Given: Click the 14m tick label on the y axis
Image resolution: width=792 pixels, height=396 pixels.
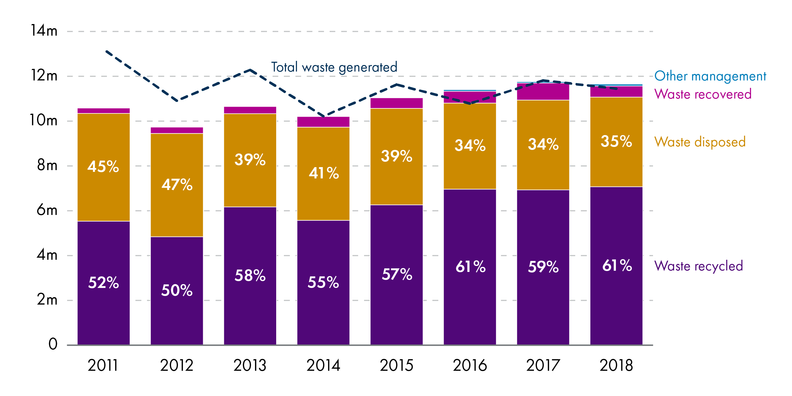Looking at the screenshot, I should click(44, 31).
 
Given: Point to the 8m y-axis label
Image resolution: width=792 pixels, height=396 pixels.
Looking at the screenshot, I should click(47, 165).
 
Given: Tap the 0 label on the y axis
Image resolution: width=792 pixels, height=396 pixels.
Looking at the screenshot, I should click(53, 344).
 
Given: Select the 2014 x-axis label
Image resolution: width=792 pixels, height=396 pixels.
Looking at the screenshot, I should click(323, 365).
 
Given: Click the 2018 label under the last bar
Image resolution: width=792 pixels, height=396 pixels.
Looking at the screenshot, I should click(616, 365).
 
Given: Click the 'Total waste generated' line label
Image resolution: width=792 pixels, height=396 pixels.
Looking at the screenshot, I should click(334, 67).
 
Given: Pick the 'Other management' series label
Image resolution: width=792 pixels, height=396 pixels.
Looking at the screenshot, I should click(710, 76).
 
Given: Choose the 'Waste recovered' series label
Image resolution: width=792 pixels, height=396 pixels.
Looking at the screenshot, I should click(703, 94).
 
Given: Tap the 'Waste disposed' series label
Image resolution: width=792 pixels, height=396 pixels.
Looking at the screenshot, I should click(700, 142).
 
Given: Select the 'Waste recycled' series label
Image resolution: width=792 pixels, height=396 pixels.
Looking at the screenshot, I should click(698, 266).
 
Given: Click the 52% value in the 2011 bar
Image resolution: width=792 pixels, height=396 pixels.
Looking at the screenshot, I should click(104, 283).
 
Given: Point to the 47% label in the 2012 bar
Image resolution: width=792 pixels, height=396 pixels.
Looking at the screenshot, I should click(177, 185).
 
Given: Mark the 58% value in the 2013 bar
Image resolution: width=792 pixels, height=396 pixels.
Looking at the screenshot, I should click(250, 275).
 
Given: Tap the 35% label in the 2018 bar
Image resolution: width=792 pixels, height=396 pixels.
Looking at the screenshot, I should click(616, 141).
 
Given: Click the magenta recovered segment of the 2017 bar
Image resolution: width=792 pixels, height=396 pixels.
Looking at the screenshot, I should click(543, 92).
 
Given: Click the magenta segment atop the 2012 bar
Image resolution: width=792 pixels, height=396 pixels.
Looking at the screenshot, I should click(177, 130).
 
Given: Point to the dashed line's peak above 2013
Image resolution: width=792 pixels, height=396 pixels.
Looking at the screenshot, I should click(250, 70).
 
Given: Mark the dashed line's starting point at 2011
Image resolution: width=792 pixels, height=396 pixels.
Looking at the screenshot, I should click(106, 51).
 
